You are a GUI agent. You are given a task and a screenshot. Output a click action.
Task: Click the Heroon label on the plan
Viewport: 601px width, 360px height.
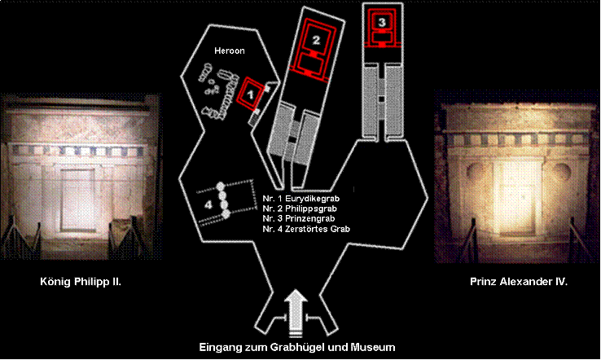[229, 50]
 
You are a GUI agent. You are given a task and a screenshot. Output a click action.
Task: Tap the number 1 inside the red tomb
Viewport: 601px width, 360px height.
[250, 94]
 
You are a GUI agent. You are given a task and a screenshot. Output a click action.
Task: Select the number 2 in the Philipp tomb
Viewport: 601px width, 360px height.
[316, 40]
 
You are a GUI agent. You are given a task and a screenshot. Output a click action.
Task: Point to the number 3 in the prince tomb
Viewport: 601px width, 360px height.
[381, 22]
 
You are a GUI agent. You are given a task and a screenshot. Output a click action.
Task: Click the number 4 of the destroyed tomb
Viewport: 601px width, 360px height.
[208, 204]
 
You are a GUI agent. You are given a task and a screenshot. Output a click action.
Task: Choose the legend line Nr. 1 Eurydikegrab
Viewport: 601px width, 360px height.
[300, 199]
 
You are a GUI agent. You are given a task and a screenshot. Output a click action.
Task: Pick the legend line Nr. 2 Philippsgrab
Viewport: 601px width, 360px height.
[300, 209]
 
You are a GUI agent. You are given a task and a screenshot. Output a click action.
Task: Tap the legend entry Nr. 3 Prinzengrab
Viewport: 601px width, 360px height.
[299, 218]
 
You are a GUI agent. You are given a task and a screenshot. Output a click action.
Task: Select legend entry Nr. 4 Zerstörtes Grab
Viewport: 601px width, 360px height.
[306, 229]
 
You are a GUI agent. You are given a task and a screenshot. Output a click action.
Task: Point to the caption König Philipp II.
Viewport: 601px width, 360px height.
[81, 282]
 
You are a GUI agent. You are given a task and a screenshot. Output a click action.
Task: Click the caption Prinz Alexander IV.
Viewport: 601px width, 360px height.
[519, 282]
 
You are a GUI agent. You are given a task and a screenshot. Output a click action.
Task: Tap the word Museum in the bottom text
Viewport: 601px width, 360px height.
[374, 347]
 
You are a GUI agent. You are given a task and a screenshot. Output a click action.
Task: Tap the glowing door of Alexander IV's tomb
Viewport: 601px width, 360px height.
[516, 197]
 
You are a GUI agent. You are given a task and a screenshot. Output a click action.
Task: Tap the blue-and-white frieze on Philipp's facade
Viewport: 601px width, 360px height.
[77, 151]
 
